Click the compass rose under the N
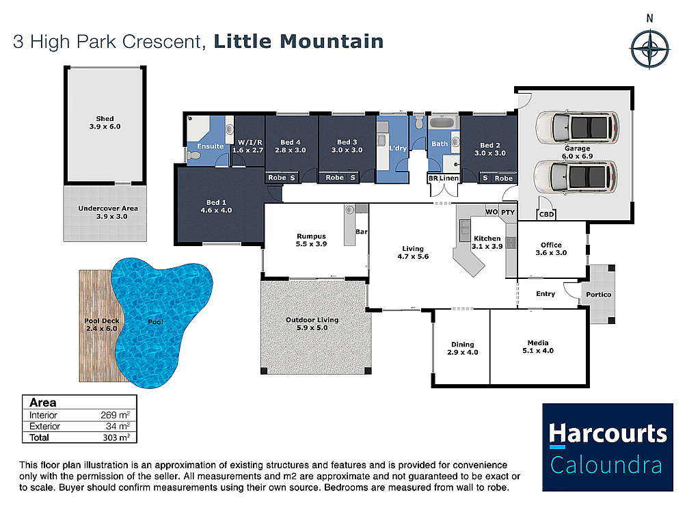(649, 49)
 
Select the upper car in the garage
(577, 126)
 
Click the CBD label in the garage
(546, 214)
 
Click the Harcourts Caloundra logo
(608, 447)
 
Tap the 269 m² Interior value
(115, 415)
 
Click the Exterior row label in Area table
(44, 427)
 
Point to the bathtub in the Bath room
(443, 122)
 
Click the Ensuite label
(211, 146)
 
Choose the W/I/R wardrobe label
(250, 142)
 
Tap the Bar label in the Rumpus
(361, 232)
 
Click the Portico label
(599, 295)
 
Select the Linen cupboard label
(448, 178)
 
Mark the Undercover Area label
(108, 208)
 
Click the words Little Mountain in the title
(299, 42)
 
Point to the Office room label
(551, 245)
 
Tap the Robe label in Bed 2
(504, 178)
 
